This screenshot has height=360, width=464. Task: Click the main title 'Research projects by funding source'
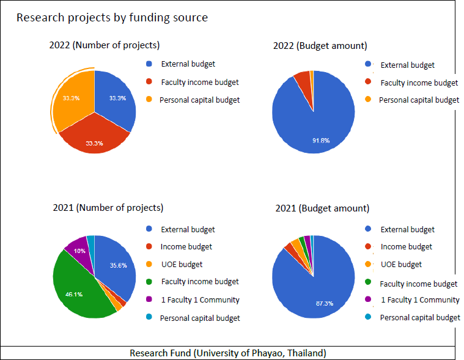tap(112, 18)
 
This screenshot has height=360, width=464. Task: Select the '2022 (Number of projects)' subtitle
tap(105, 45)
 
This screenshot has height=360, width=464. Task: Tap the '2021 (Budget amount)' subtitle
tap(322, 208)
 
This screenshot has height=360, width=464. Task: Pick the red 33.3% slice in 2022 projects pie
tap(94, 136)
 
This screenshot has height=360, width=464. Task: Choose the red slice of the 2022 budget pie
tap(303, 79)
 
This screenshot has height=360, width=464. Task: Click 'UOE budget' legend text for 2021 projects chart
tap(182, 265)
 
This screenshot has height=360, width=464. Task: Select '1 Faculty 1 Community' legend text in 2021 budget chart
tap(420, 300)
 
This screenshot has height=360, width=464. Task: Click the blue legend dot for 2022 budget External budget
tap(368, 64)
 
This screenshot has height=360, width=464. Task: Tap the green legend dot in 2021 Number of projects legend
tap(149, 282)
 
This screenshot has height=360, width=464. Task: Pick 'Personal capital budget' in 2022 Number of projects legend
tap(199, 100)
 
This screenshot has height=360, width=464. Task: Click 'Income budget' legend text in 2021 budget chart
tap(406, 247)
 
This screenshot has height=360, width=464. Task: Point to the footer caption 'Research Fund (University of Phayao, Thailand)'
tap(228, 353)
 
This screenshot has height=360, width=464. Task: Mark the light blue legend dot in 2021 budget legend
tap(368, 317)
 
